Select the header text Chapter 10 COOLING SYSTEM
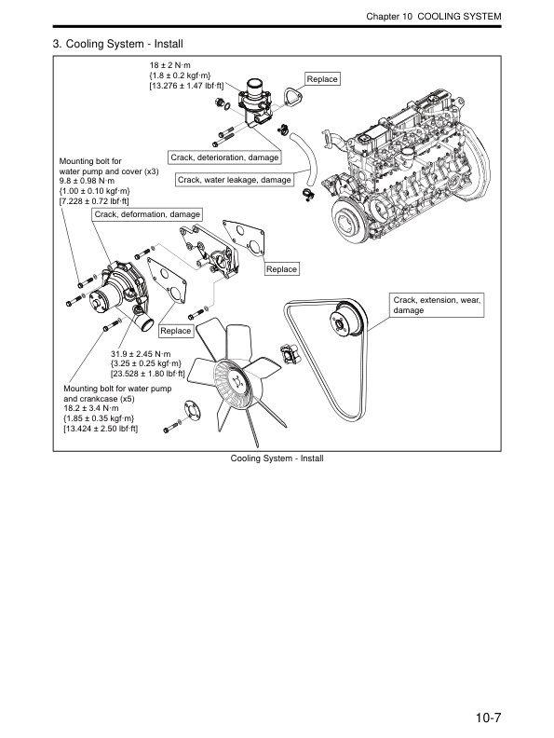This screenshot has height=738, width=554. click(x=434, y=18)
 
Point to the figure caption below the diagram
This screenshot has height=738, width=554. click(x=277, y=458)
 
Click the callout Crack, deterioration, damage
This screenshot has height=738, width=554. click(x=224, y=157)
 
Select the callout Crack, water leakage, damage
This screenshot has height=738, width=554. click(x=234, y=179)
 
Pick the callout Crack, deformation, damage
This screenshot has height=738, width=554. click(x=147, y=214)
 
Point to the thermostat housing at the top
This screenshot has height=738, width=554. click(x=252, y=103)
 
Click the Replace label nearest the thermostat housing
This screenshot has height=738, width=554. click(x=322, y=80)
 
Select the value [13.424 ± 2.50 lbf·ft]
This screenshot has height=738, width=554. click(x=101, y=430)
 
